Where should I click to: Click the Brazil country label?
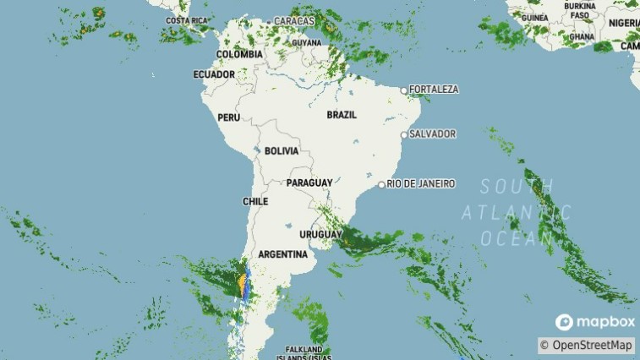click(x=341, y=114)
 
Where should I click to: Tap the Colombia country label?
click(x=239, y=54)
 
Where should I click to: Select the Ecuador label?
click(x=214, y=74)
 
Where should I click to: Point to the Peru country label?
click(x=229, y=117)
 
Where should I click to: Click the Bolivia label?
click(x=282, y=151)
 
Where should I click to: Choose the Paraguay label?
click(x=309, y=183)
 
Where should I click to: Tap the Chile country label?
click(x=255, y=202)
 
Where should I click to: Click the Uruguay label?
click(x=321, y=234)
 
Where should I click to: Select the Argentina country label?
click(x=282, y=254)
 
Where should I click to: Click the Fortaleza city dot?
click(x=404, y=90)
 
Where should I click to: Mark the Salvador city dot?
click(x=404, y=134)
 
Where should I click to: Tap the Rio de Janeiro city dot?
click(x=381, y=184)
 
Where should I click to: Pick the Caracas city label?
click(x=294, y=20)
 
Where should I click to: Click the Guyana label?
click(x=306, y=42)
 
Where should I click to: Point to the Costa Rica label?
click(x=187, y=20)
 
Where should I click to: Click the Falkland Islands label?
click(x=304, y=353)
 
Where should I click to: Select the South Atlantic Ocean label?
click(x=516, y=212)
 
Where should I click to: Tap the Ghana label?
click(x=582, y=36)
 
